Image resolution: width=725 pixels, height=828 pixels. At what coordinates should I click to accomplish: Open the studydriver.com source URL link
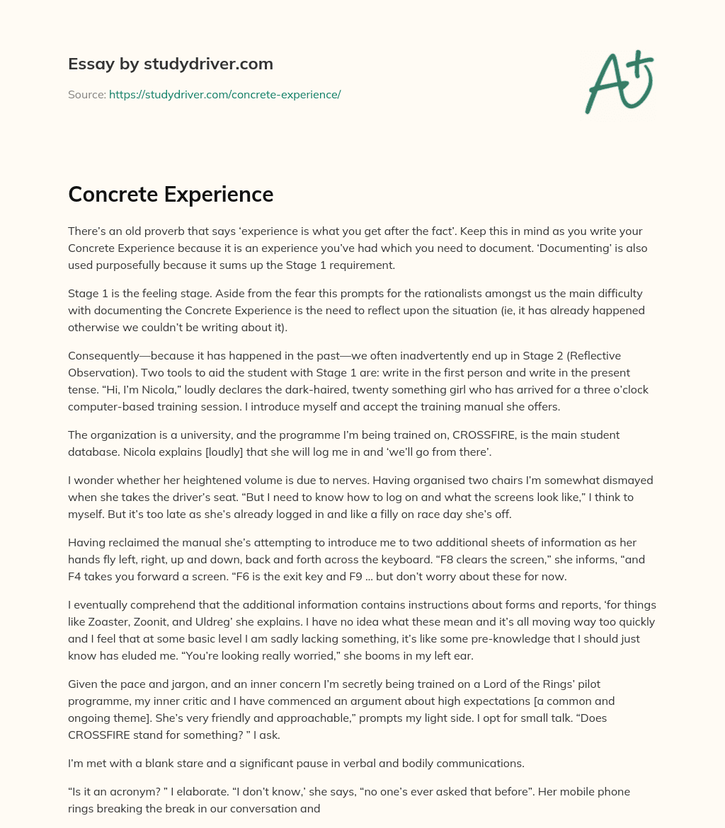(224, 94)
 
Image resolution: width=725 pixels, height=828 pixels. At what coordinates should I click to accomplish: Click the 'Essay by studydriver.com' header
(170, 64)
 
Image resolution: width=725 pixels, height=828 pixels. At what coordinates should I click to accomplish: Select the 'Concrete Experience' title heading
(170, 194)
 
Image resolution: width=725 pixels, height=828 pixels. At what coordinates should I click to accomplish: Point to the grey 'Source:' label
(86, 94)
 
